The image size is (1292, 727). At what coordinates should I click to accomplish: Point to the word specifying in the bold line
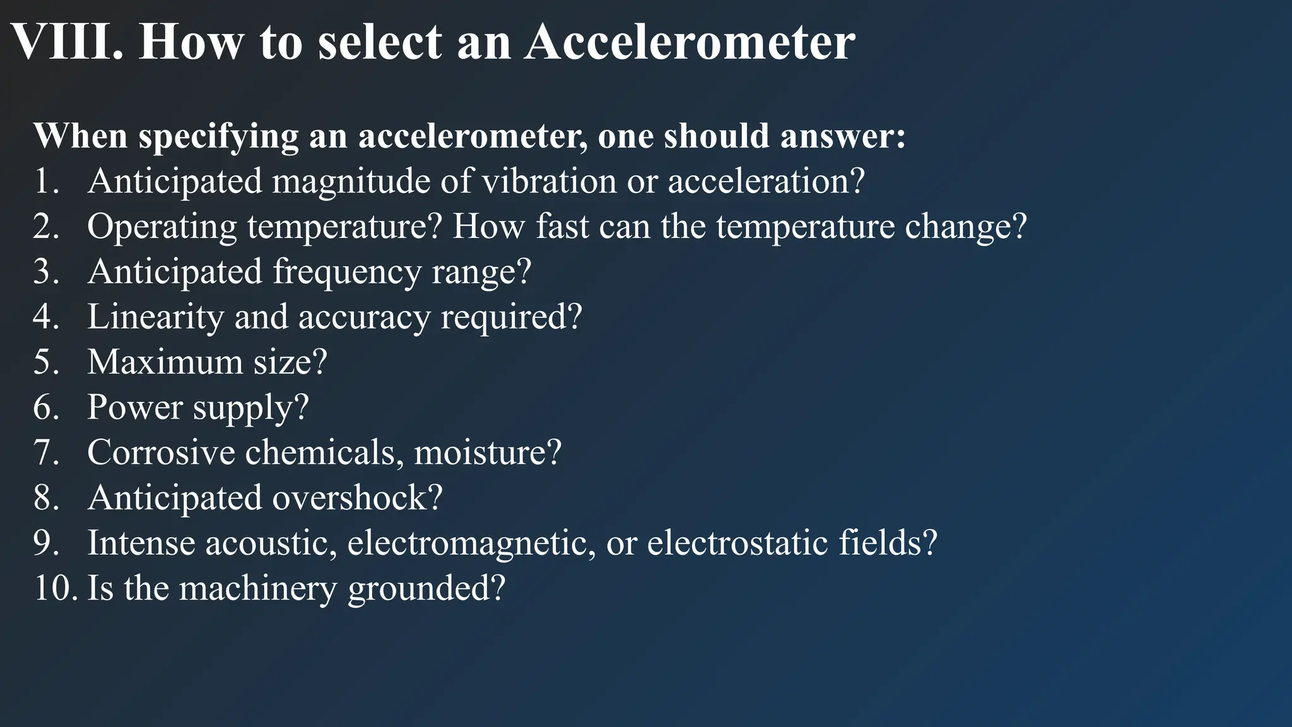click(218, 136)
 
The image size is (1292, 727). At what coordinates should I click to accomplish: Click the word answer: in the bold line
click(843, 136)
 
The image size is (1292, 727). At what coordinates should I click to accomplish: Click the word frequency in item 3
click(347, 273)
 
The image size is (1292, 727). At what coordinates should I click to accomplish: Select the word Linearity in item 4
click(155, 317)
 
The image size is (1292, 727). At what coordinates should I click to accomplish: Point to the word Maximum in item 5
click(165, 363)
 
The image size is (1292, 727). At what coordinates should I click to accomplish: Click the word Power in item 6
click(134, 408)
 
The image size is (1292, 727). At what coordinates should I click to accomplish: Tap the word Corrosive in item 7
click(160, 453)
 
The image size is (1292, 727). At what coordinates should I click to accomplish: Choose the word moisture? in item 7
click(487, 453)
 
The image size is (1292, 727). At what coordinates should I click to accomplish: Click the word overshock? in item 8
click(357, 499)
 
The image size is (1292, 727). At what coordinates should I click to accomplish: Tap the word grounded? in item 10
click(426, 589)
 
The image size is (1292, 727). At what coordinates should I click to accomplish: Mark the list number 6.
click(45, 408)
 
